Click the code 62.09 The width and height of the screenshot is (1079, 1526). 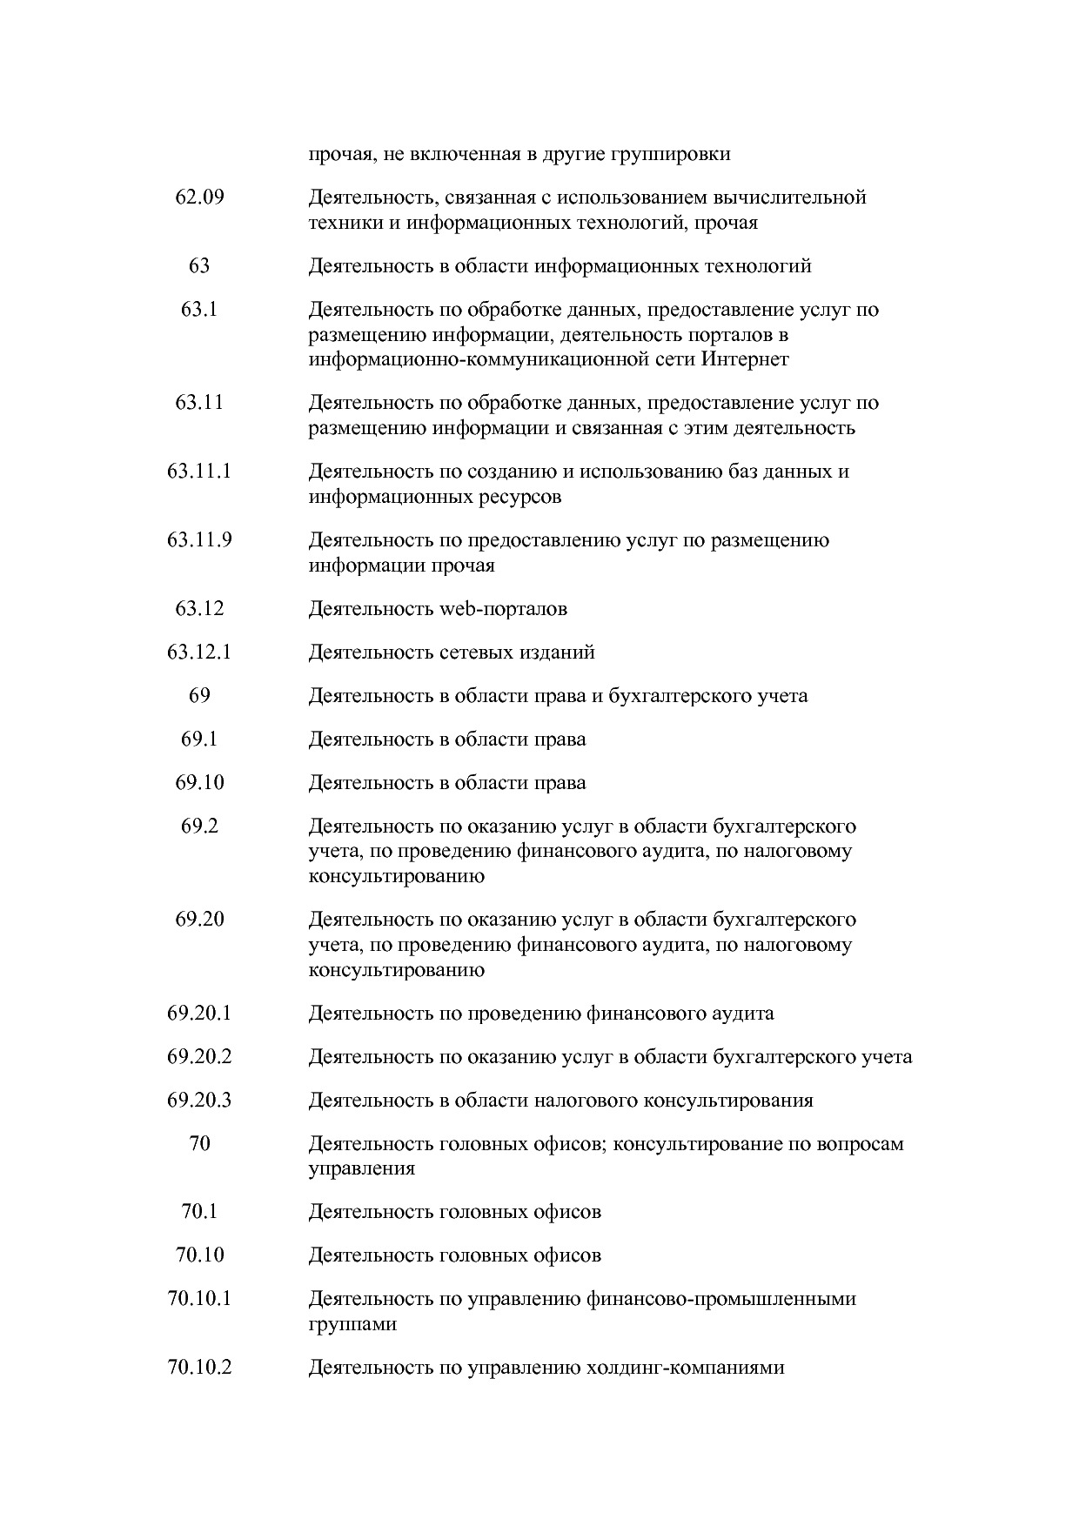point(199,197)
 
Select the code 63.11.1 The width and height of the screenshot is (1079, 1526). point(199,472)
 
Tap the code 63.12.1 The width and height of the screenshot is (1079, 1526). point(199,653)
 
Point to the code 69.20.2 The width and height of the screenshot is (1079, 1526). point(199,1057)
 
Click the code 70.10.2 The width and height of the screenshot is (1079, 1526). point(199,1368)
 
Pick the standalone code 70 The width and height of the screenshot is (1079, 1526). point(199,1144)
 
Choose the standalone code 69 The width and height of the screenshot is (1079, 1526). point(199,696)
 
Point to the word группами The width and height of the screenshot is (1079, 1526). point(352,1325)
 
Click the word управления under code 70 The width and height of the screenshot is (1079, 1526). point(361,1168)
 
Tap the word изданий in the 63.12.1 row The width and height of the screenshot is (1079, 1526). point(558,653)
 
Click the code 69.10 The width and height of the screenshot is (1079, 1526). point(199,783)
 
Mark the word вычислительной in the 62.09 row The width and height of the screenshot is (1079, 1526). point(787,197)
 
